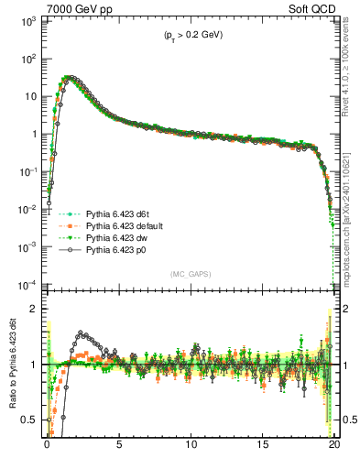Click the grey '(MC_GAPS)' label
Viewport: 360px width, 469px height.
click(x=188, y=273)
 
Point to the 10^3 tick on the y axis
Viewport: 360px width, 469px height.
click(x=27, y=20)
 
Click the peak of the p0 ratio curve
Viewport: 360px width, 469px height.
click(x=82, y=333)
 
